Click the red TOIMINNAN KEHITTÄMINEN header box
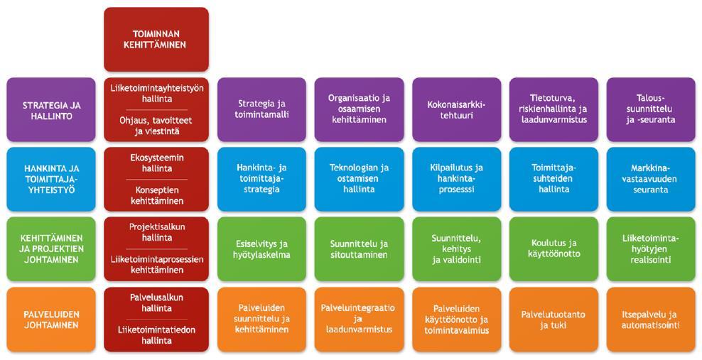pos(156,39)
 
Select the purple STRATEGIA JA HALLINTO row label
pos(51,109)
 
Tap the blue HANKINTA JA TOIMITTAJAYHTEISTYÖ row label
pos(51,179)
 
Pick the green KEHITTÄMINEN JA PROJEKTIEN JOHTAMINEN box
pos(51,249)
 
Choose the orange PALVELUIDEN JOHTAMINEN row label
pos(51,320)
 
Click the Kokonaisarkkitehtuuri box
pos(457,109)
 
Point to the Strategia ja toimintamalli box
pos(262,109)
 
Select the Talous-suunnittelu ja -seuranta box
pos(652,109)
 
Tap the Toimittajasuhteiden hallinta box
pos(553,179)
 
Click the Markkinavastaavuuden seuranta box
pos(652,179)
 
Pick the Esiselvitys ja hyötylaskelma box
pos(262,249)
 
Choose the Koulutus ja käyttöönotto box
pos(553,249)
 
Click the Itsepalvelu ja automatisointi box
pos(652,320)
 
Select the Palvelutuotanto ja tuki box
pos(553,320)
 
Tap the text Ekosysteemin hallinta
pos(157,163)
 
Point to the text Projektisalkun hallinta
pos(157,232)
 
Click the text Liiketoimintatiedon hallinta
pos(157,335)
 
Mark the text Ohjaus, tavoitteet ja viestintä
pos(157,126)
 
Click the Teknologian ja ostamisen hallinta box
pos(359,179)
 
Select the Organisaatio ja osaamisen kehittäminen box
pos(359,109)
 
